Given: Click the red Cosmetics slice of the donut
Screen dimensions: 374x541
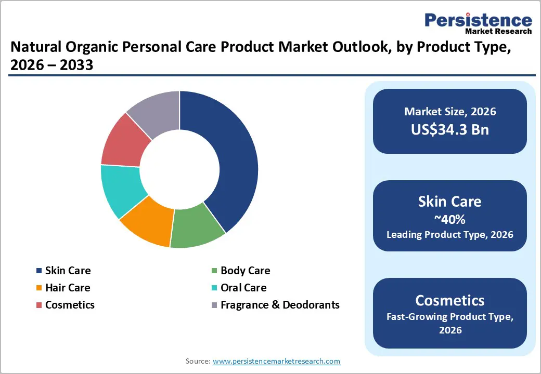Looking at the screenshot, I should (122, 143).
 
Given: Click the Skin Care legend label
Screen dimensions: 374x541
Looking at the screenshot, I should (68, 271).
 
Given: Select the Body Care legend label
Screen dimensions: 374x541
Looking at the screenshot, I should (245, 271).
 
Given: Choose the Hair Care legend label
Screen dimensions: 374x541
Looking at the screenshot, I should (68, 288).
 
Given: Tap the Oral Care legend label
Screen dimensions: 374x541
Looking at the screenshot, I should (243, 288).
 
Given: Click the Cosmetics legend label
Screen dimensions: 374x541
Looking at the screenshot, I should (70, 305).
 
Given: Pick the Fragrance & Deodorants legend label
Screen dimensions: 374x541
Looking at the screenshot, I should (280, 305).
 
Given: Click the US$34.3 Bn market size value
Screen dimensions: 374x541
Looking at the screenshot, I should (450, 129).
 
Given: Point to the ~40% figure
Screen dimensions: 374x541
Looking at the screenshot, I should (450, 219).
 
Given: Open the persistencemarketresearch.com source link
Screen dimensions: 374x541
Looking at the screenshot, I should (276, 361).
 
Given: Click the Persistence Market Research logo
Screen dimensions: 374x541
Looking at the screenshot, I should (478, 23).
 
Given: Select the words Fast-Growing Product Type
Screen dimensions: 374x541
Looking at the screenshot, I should (450, 316).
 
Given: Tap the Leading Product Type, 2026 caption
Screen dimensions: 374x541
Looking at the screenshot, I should (450, 235).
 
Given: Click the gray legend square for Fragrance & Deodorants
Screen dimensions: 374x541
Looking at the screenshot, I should (214, 305).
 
